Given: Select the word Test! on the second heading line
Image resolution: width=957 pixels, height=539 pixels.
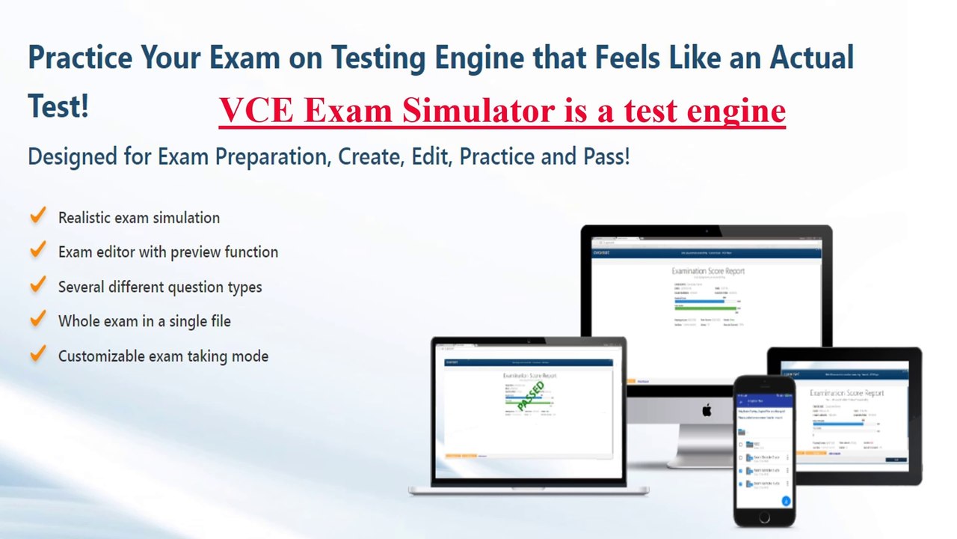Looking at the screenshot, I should pyautogui.click(x=58, y=107).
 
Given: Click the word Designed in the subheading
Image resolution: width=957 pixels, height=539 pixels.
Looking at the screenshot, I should pyautogui.click(x=72, y=157).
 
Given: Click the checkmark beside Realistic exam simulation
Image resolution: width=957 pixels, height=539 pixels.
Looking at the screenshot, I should pyautogui.click(x=37, y=216).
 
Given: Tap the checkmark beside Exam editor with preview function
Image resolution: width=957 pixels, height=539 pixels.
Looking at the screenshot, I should pyautogui.click(x=37, y=251).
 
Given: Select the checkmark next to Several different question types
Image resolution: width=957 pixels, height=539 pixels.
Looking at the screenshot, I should pyautogui.click(x=37, y=285).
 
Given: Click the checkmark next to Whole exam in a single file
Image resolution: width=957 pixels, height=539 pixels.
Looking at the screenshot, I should pyautogui.click(x=37, y=320).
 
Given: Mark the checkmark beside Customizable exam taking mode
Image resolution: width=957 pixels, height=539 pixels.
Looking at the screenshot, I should pyautogui.click(x=37, y=354).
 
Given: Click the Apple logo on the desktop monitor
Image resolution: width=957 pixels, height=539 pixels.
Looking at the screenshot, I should pyautogui.click(x=707, y=409).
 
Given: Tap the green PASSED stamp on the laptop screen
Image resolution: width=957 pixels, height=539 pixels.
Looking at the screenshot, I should pyautogui.click(x=531, y=396).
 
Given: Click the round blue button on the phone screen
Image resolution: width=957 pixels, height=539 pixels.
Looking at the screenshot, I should pyautogui.click(x=786, y=501).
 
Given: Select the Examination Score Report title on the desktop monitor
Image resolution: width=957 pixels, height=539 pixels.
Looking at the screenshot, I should pyautogui.click(x=707, y=271).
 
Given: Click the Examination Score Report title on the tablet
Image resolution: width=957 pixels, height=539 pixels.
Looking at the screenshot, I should pyautogui.click(x=846, y=393).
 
